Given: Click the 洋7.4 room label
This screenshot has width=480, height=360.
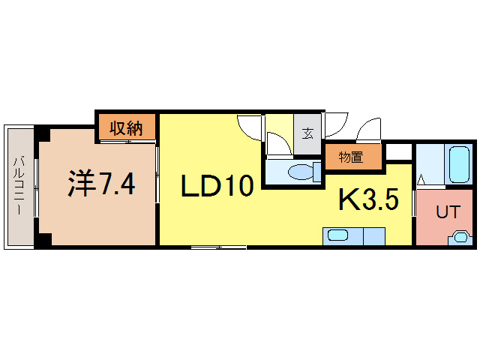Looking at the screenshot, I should (x=102, y=183).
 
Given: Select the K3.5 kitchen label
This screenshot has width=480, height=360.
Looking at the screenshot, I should (x=367, y=199).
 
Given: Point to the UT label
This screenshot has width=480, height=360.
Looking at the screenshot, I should (x=447, y=212).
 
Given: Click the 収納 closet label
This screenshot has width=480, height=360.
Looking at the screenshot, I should (x=127, y=128).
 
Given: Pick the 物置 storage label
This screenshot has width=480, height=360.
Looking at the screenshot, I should (x=350, y=157).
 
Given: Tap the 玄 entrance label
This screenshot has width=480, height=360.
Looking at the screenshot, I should (x=307, y=135).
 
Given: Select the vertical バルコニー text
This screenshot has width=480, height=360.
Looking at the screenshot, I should (x=20, y=185).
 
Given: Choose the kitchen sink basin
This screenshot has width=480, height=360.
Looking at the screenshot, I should (x=338, y=236).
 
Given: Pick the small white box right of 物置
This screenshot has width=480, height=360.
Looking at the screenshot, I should (x=398, y=153).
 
